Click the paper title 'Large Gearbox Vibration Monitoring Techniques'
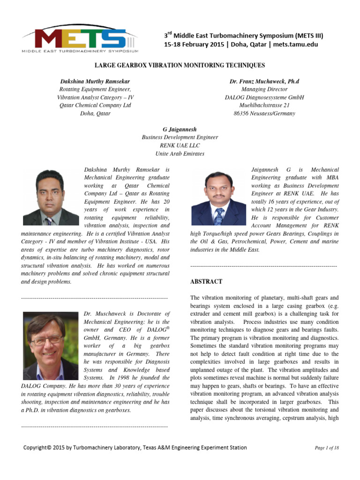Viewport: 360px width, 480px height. coord(180,66)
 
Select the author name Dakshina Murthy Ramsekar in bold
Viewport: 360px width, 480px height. coord(94,82)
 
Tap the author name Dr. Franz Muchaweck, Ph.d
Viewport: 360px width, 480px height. coord(264,82)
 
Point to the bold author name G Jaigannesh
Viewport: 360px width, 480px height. coord(180,129)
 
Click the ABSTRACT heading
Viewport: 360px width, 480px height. coord(206,282)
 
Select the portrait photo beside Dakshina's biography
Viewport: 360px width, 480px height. coord(51,197)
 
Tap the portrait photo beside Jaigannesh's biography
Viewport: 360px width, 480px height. coord(219,199)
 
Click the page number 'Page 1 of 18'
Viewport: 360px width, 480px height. coord(327,448)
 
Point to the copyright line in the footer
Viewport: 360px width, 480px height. coord(135,448)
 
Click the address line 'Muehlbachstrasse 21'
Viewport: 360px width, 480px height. coord(264,105)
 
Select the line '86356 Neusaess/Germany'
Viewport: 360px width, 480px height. coord(264,113)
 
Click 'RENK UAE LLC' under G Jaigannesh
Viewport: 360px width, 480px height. coord(180,145)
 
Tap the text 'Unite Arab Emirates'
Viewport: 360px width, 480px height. coord(180,153)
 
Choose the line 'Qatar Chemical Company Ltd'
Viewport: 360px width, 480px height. coord(94,105)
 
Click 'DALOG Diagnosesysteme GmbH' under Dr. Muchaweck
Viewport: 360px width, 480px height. coord(264,97)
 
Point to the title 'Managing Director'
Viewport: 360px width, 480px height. coord(264,90)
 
